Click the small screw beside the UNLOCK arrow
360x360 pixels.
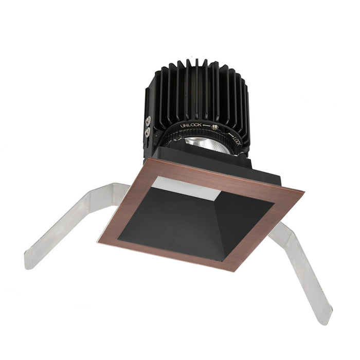(x=214, y=127)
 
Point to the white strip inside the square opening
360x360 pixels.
(x=188, y=188)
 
